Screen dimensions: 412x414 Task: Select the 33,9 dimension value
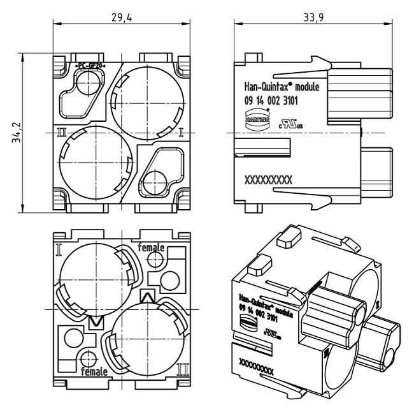pyautogui.click(x=311, y=17)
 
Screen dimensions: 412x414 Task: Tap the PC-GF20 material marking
pyautogui.click(x=90, y=66)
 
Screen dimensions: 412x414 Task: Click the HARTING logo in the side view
pyautogui.click(x=257, y=119)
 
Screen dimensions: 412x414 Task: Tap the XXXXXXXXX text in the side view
pyautogui.click(x=268, y=180)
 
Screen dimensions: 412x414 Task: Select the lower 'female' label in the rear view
pyautogui.click(x=93, y=371)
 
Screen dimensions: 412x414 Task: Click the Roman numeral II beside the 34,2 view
pyautogui.click(x=62, y=133)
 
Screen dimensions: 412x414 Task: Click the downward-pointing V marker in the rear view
pyautogui.click(x=96, y=321)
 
